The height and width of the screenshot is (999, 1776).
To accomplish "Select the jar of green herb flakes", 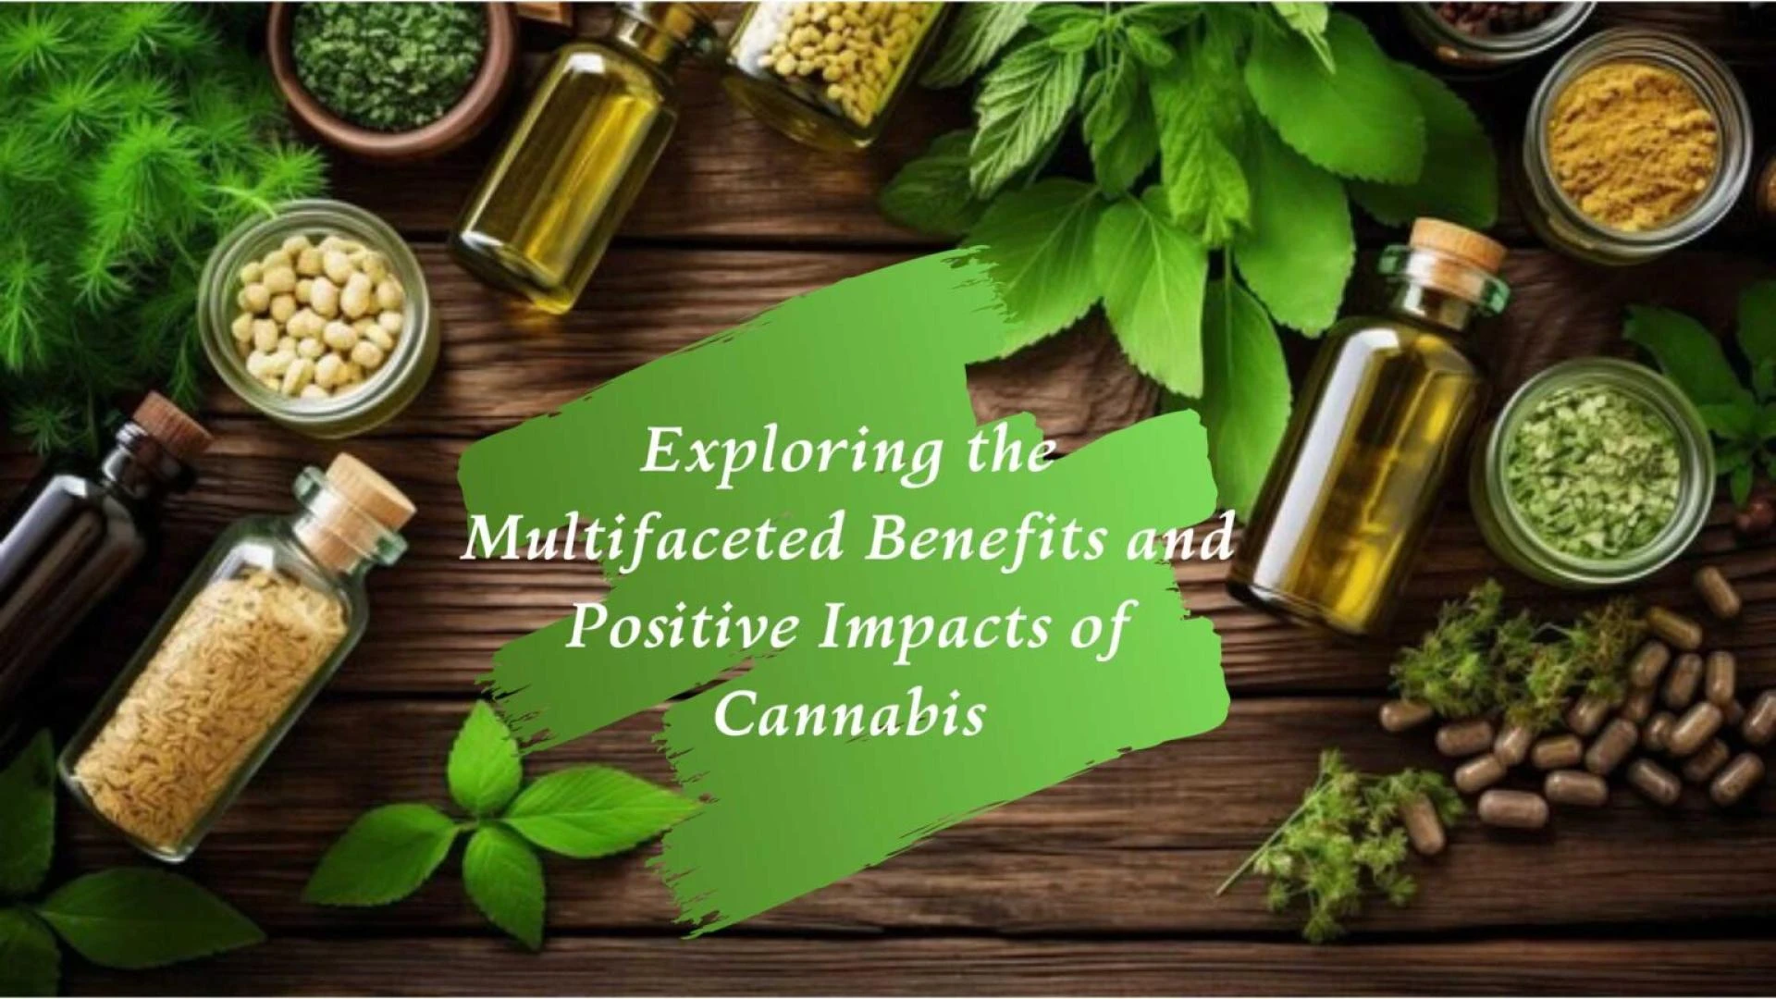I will (x=1592, y=473).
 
